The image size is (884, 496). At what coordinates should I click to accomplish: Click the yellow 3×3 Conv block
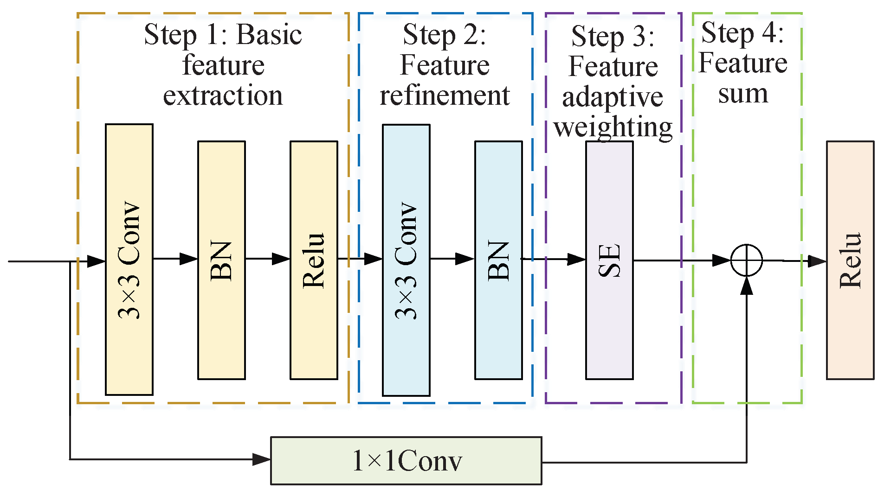pyautogui.click(x=129, y=260)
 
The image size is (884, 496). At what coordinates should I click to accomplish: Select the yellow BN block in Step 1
pyautogui.click(x=221, y=260)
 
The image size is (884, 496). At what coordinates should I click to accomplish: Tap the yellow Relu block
pyautogui.click(x=314, y=260)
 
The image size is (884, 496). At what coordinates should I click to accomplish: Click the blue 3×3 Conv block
pyautogui.click(x=406, y=260)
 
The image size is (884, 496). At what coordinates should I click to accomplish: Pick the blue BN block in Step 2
pyautogui.click(x=498, y=260)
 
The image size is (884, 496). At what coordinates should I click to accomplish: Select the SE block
pyautogui.click(x=609, y=260)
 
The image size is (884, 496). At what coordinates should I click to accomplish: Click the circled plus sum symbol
pyautogui.click(x=747, y=260)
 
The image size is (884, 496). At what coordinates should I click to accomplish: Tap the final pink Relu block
pyautogui.click(x=850, y=260)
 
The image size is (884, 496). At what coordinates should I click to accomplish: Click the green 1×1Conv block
pyautogui.click(x=406, y=461)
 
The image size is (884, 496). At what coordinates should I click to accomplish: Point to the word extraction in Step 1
pyautogui.click(x=223, y=95)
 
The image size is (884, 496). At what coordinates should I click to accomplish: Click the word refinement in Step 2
pyautogui.click(x=445, y=95)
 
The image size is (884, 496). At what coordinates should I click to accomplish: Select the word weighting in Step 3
pyautogui.click(x=613, y=127)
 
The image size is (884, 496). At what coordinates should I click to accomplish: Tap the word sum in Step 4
pyautogui.click(x=743, y=94)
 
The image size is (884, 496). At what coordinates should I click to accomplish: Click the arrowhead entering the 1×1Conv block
pyautogui.click(x=262, y=459)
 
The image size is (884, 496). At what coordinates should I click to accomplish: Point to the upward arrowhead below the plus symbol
pyautogui.click(x=747, y=286)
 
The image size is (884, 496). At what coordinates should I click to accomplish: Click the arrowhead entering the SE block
pyautogui.click(x=576, y=259)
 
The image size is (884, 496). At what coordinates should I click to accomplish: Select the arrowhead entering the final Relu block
pyautogui.click(x=817, y=261)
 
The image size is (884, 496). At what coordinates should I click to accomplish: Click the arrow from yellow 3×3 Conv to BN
pyautogui.click(x=175, y=259)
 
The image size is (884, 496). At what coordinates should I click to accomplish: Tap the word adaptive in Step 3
pyautogui.click(x=613, y=97)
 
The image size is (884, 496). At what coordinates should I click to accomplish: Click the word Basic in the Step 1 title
pyautogui.click(x=269, y=35)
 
